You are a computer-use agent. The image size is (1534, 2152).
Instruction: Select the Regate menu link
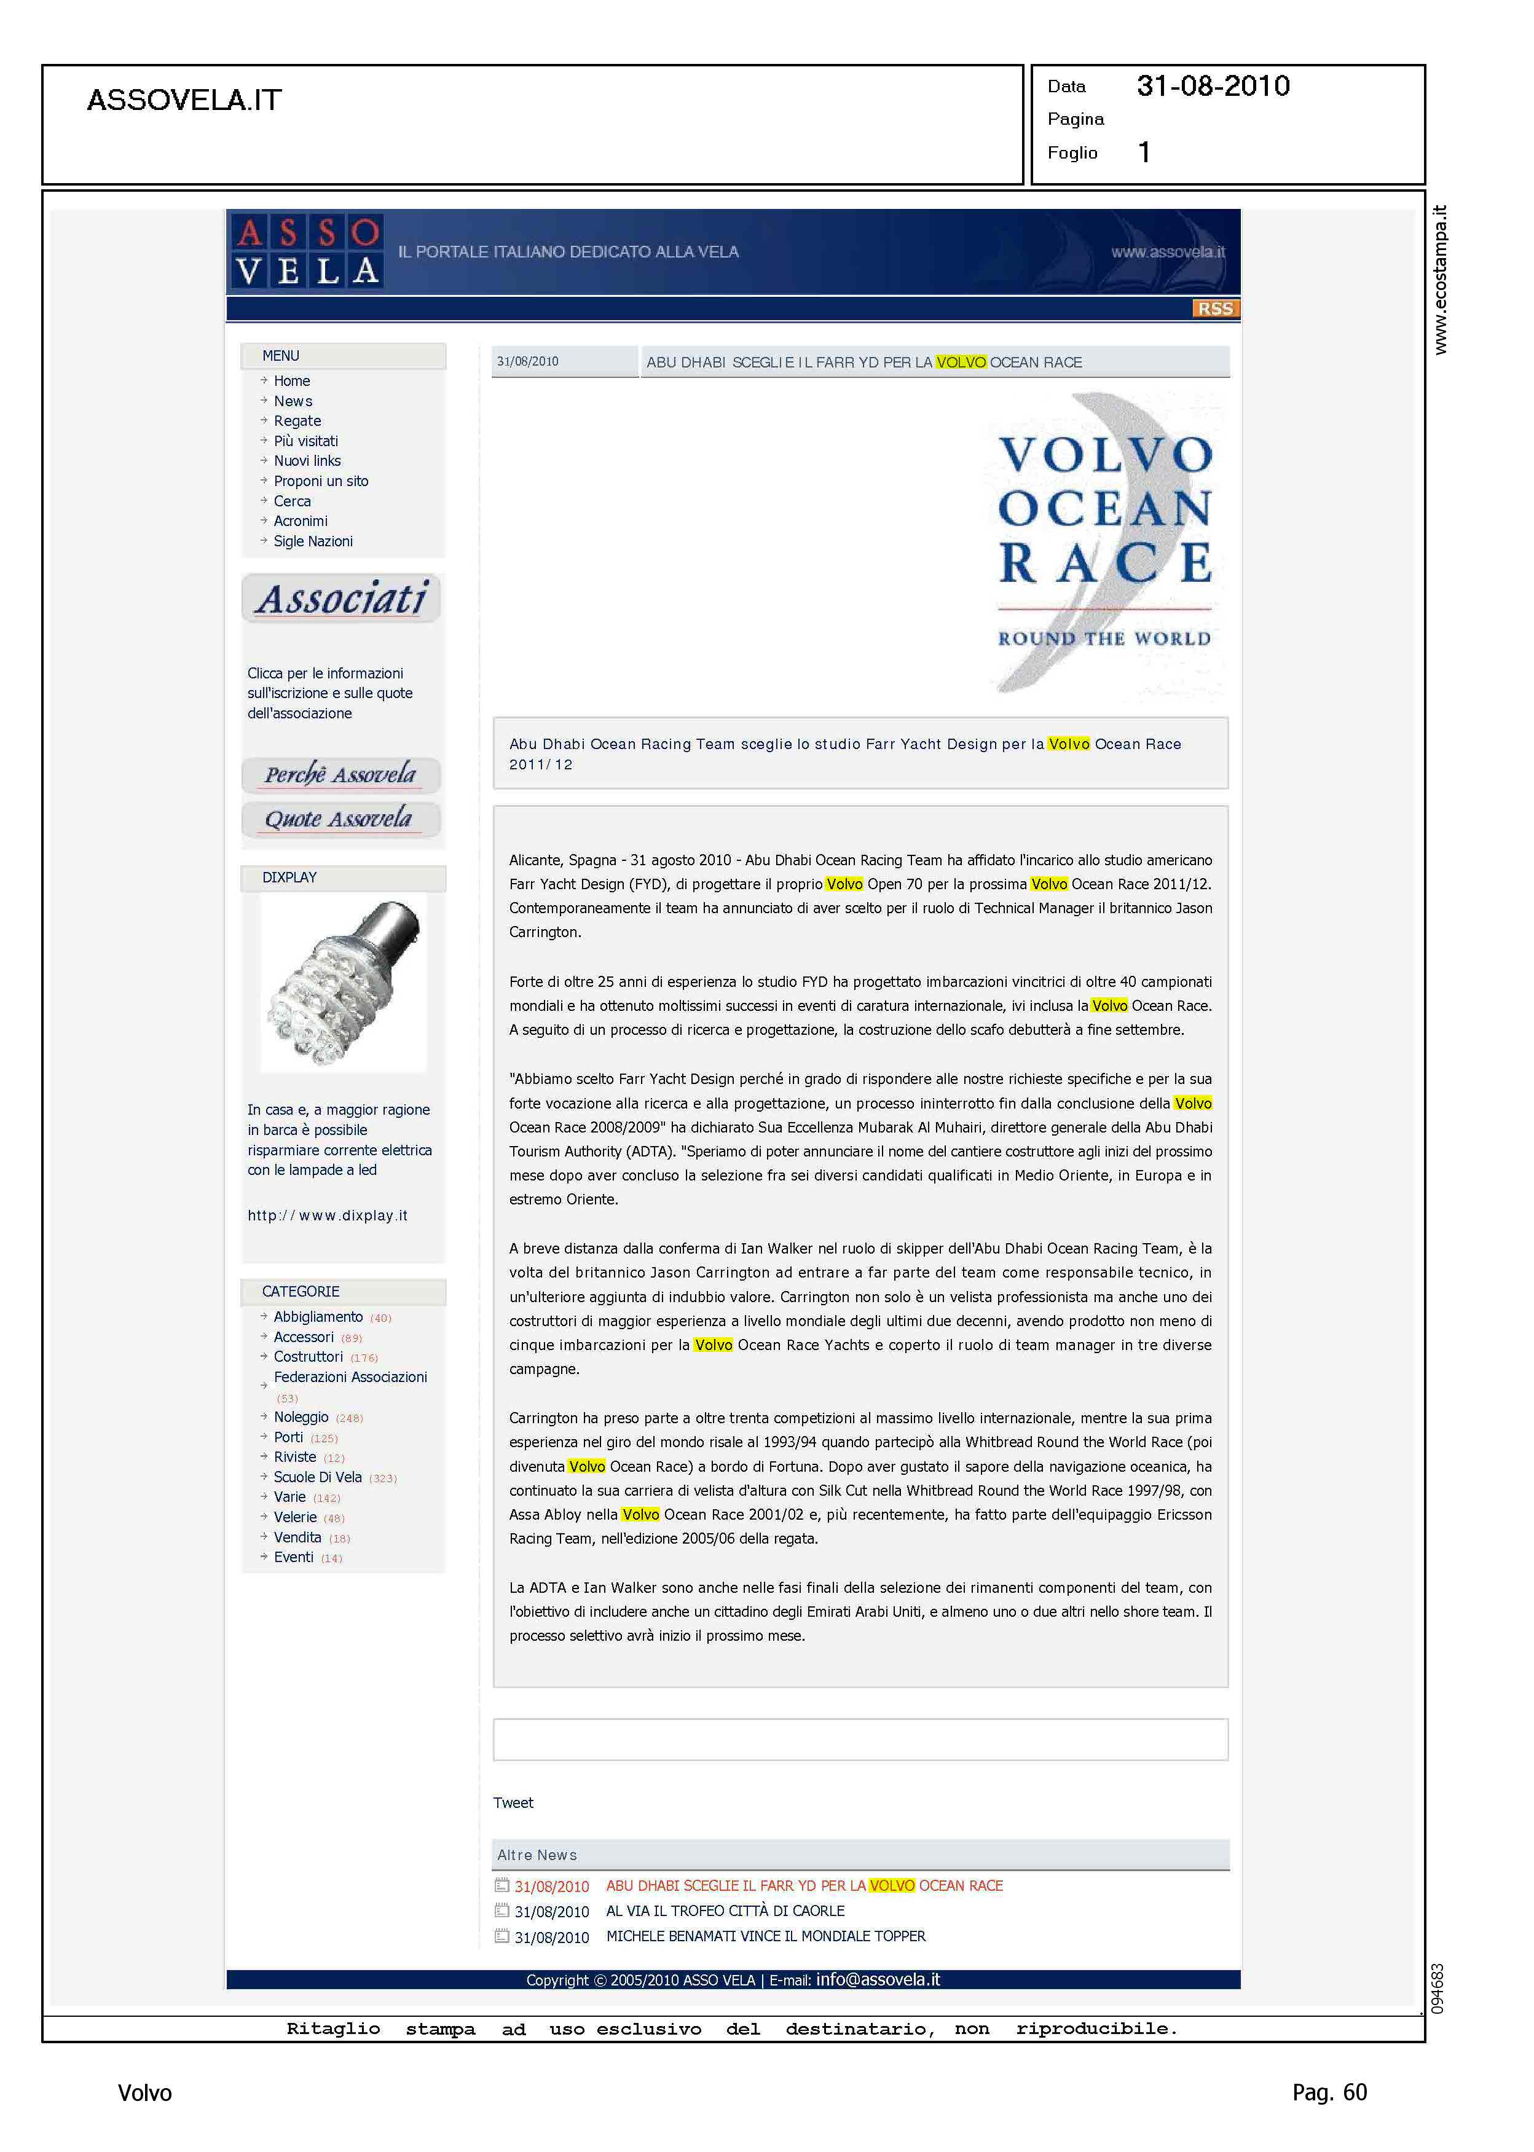click(x=297, y=421)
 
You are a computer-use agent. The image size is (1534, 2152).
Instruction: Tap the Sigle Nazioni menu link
click(x=313, y=541)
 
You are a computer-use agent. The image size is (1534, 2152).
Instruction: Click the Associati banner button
click(x=342, y=599)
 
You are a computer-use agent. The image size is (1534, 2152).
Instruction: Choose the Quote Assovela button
click(x=340, y=819)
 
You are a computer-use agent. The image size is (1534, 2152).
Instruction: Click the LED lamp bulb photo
click(x=344, y=982)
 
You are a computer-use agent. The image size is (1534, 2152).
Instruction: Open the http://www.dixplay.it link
click(x=327, y=1215)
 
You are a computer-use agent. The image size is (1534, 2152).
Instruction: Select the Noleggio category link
click(x=301, y=1416)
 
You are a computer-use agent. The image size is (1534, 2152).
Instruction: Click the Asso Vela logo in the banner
click(x=307, y=251)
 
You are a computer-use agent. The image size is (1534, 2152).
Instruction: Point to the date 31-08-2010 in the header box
click(x=1212, y=86)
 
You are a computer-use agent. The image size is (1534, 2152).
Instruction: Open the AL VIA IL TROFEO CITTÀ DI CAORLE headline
click(x=725, y=1910)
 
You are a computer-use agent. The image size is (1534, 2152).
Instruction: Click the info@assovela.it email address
click(x=878, y=1979)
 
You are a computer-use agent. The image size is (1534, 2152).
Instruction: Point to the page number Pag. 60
click(x=1329, y=2092)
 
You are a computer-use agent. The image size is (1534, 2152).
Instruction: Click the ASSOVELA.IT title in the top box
click(x=184, y=100)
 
